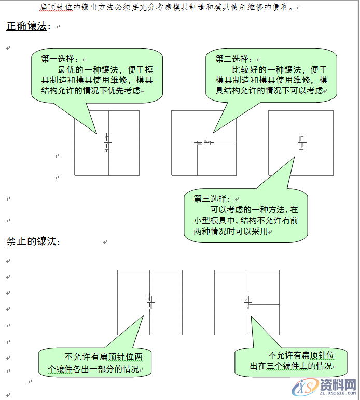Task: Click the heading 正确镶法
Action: click(26, 26)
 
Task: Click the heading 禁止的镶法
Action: click(31, 241)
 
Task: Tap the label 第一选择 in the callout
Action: click(59, 59)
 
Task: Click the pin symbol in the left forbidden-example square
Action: click(150, 302)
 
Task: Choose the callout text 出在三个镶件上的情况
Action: click(290, 366)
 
